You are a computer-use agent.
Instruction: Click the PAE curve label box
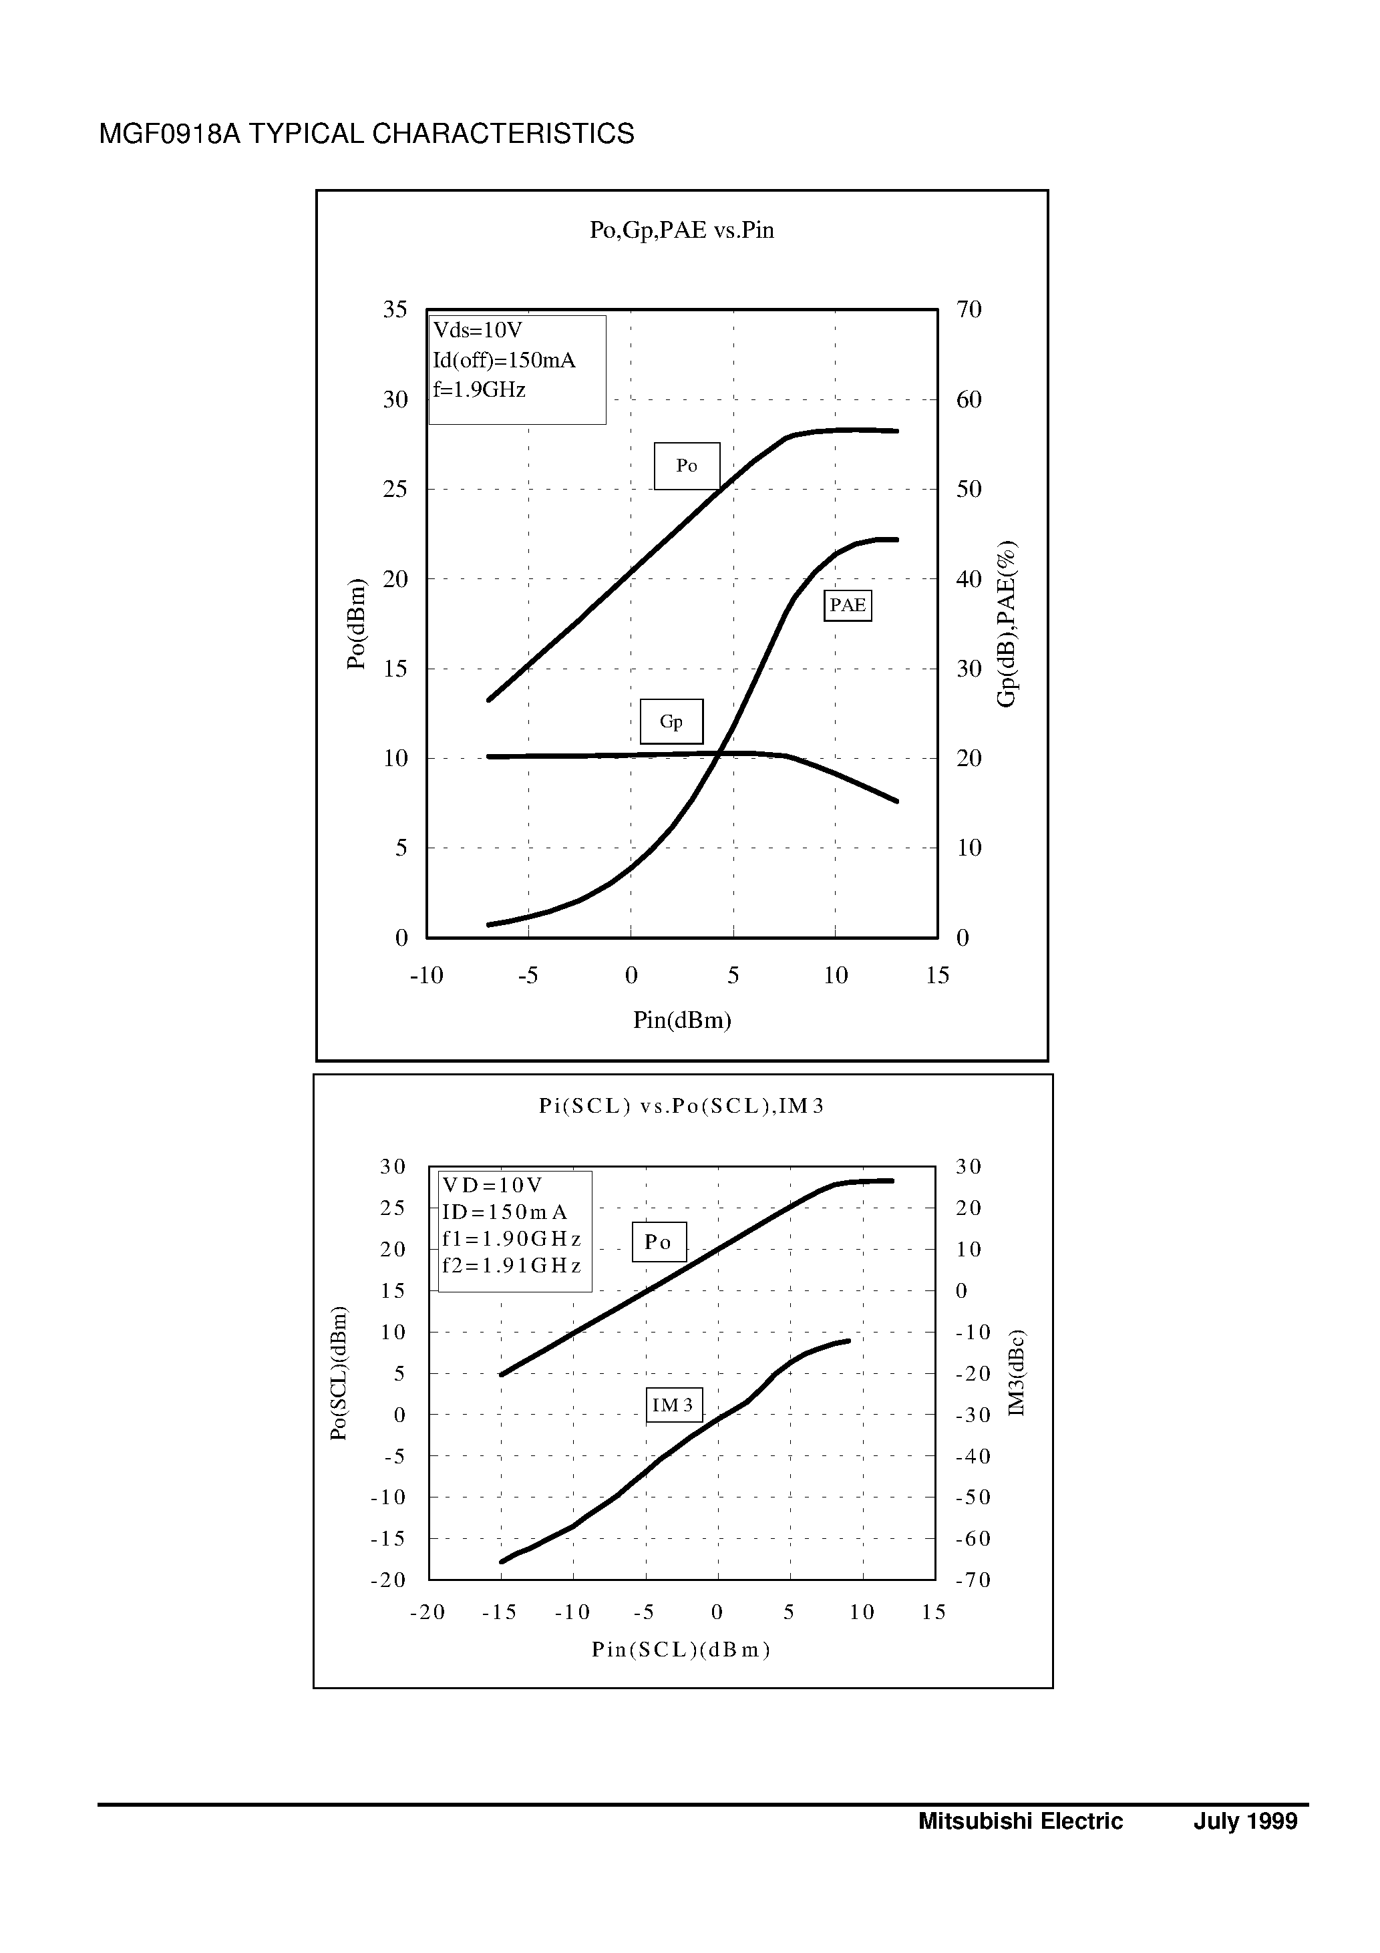pyautogui.click(x=848, y=606)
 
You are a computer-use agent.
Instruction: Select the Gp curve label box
pyautogui.click(x=671, y=721)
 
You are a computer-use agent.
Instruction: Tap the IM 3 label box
pyautogui.click(x=674, y=1405)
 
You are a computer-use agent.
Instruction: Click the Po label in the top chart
pyautogui.click(x=687, y=466)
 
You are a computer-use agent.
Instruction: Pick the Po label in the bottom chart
pyautogui.click(x=659, y=1242)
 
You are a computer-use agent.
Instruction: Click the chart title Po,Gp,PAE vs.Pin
pyautogui.click(x=681, y=230)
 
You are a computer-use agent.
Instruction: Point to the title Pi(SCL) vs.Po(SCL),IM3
pyautogui.click(x=681, y=1106)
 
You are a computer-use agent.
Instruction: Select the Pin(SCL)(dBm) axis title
pyautogui.click(x=681, y=1649)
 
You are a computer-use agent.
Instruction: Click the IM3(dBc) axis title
pyautogui.click(x=1017, y=1373)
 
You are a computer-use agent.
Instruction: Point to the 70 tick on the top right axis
pyautogui.click(x=969, y=310)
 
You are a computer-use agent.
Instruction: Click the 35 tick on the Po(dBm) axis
pyautogui.click(x=395, y=310)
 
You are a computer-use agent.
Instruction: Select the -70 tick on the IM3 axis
pyautogui.click(x=973, y=1580)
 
